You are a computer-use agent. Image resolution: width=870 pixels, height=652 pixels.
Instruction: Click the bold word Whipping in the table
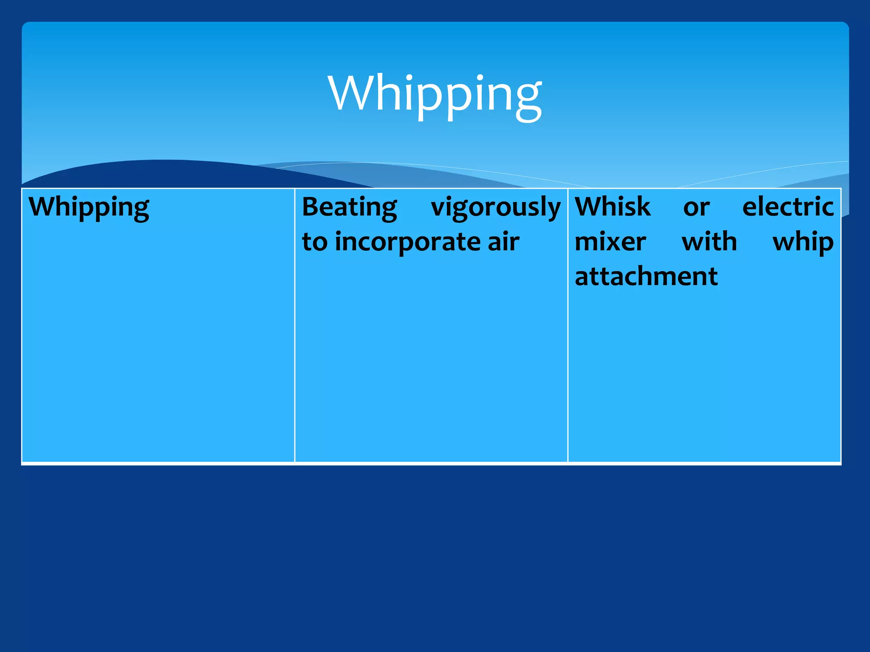(x=89, y=208)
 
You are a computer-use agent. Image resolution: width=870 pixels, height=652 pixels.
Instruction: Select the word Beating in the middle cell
(x=349, y=208)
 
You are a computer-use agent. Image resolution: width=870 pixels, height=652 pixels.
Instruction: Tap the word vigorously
(x=496, y=208)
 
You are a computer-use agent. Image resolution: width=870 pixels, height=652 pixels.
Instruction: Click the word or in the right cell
(x=696, y=208)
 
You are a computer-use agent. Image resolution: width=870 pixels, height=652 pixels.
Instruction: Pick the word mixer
(x=610, y=242)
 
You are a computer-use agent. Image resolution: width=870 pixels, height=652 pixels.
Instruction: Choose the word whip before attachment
(x=803, y=242)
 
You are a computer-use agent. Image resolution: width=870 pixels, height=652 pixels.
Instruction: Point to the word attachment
(x=646, y=276)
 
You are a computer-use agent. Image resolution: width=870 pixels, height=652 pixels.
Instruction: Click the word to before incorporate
(x=314, y=242)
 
